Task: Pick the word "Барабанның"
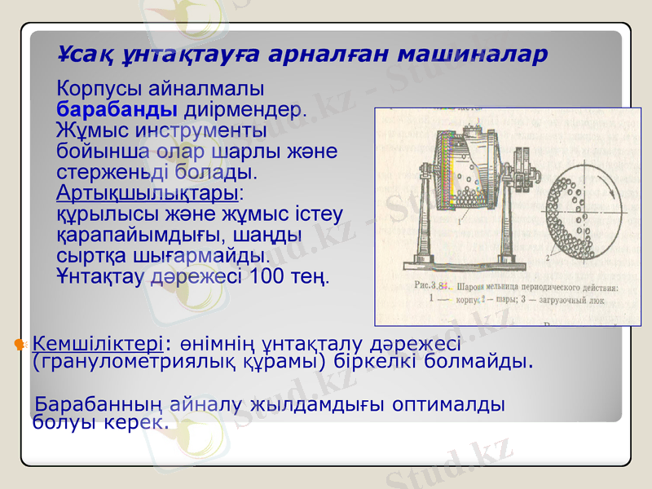(96, 404)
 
